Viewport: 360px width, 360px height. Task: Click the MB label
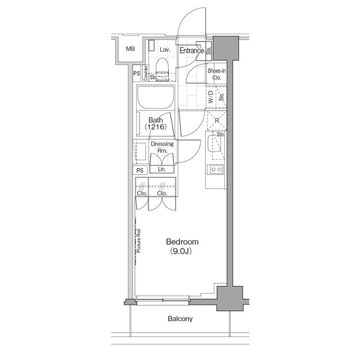click(x=130, y=49)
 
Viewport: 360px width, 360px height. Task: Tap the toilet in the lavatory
click(x=162, y=69)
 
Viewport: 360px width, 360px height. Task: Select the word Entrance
click(x=191, y=51)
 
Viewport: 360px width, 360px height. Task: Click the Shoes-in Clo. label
click(x=217, y=74)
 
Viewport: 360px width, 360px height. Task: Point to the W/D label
click(x=211, y=97)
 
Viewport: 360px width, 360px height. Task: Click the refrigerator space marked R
click(x=217, y=120)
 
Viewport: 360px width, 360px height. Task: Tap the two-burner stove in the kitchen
click(x=216, y=169)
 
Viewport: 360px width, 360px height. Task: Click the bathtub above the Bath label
click(x=155, y=97)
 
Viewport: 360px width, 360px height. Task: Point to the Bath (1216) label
click(x=156, y=123)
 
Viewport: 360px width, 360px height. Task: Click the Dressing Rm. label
click(x=163, y=147)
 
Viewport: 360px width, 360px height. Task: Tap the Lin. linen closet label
click(x=162, y=169)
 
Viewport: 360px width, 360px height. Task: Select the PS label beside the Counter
click(x=137, y=74)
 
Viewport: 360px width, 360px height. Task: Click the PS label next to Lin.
click(x=140, y=170)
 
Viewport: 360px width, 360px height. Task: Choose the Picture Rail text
click(x=138, y=241)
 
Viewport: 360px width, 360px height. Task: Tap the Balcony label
click(x=180, y=319)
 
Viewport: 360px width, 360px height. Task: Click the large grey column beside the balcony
click(x=230, y=299)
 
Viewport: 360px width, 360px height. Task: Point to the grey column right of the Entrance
click(x=226, y=48)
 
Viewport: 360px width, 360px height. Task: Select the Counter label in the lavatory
click(x=145, y=73)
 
